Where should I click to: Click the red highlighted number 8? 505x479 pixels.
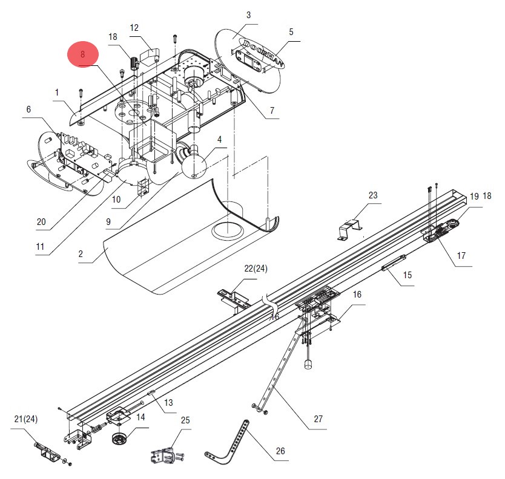pos(83,54)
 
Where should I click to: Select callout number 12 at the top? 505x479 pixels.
pos(134,28)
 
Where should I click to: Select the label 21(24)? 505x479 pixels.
pos(26,419)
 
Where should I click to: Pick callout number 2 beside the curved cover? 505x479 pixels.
pos(81,254)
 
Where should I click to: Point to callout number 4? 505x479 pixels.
pos(219,140)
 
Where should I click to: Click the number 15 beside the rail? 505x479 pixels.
pos(408,275)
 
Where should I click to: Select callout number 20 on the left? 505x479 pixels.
pos(41,221)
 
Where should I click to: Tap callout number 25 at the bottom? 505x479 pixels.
pos(185,420)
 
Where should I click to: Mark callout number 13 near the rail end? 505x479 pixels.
pos(168,402)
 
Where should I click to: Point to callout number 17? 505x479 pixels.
pos(461,256)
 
